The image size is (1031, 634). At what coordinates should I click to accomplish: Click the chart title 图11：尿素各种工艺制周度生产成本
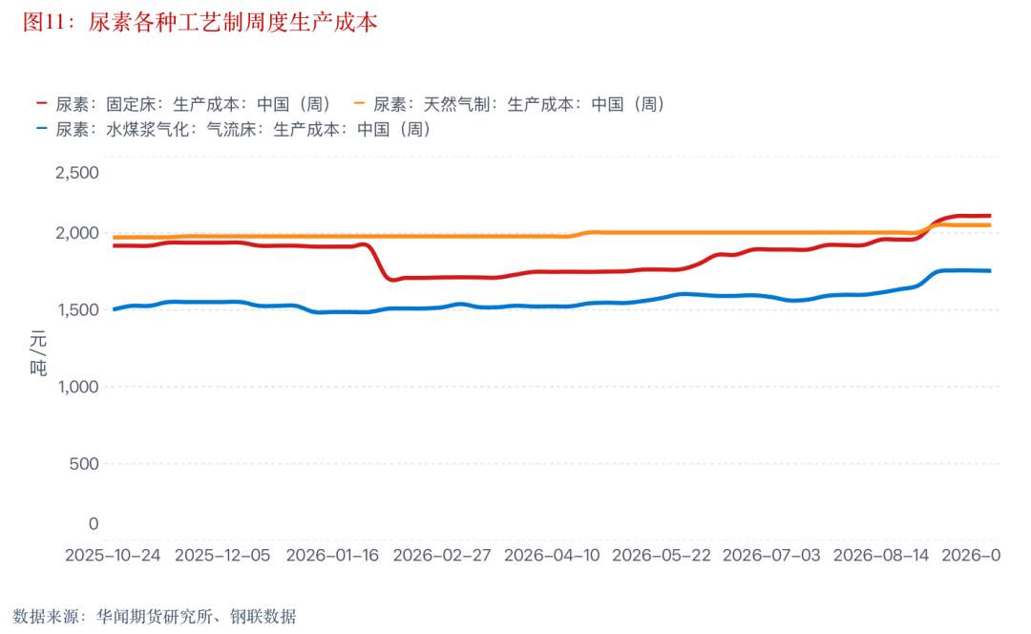click(200, 22)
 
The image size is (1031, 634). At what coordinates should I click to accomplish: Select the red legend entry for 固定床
click(183, 104)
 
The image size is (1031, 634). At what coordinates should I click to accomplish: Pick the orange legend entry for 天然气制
click(510, 104)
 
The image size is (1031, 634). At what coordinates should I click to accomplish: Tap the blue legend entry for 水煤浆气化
click(234, 129)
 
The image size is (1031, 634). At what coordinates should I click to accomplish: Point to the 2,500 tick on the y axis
click(77, 172)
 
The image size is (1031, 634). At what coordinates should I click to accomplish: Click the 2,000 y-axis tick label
click(77, 233)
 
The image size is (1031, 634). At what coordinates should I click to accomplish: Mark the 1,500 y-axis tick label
click(78, 309)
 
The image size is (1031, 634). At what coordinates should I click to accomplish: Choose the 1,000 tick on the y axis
click(78, 387)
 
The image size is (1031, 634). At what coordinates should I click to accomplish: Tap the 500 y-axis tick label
click(84, 464)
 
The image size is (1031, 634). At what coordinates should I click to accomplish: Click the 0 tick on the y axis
click(94, 523)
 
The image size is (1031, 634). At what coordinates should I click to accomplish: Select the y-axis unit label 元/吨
click(38, 354)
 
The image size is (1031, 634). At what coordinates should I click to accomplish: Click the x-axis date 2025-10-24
click(113, 555)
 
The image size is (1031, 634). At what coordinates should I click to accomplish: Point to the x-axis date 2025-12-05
click(222, 555)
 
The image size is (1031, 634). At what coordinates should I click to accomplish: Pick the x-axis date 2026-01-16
click(332, 555)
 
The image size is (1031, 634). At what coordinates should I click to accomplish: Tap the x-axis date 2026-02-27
click(442, 555)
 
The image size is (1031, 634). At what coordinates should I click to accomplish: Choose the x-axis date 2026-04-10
click(552, 555)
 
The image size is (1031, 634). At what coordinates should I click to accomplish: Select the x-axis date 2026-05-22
click(662, 555)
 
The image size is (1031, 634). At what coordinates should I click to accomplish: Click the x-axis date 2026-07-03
click(771, 555)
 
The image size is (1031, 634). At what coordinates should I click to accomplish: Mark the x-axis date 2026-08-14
click(881, 555)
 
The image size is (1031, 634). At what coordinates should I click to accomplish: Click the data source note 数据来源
click(155, 616)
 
